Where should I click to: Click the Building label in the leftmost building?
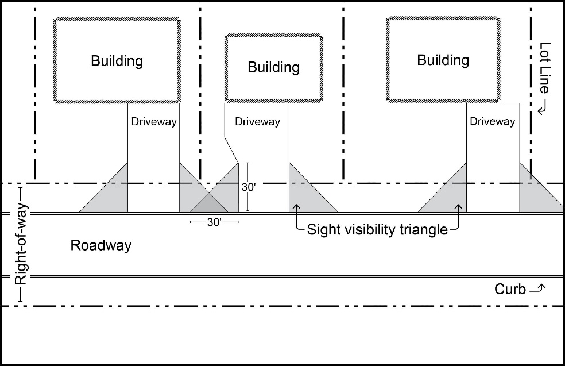[x=117, y=61]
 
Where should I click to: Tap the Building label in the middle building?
[x=273, y=67]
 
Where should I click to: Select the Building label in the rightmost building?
[x=443, y=60]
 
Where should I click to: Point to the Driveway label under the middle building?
[x=257, y=122]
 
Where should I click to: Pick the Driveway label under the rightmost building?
[x=492, y=122]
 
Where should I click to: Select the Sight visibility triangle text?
[x=377, y=230]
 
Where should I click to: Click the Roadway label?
[x=101, y=246]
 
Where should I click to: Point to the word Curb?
[x=510, y=290]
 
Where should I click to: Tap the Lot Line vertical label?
[x=545, y=68]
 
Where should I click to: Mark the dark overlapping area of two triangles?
[x=210, y=204]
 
